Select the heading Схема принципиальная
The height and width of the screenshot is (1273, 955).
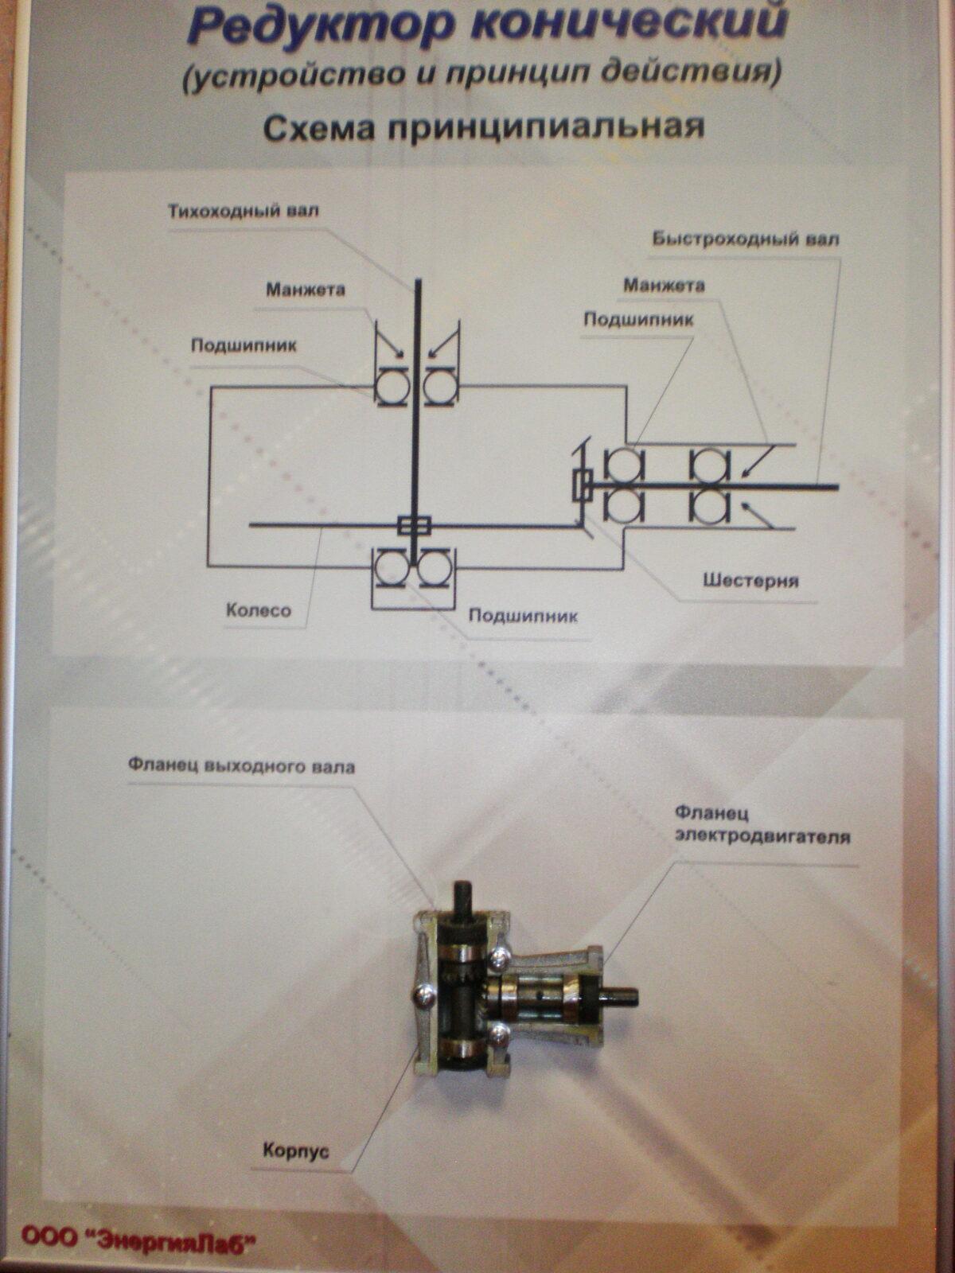click(483, 127)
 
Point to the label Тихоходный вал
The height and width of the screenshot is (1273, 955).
click(243, 212)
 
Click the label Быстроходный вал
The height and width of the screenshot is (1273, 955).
click(745, 239)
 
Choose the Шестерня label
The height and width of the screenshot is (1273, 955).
click(750, 581)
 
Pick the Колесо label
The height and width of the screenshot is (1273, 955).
click(259, 611)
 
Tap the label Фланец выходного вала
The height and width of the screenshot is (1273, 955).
click(241, 767)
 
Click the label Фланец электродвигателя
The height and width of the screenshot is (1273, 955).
click(762, 825)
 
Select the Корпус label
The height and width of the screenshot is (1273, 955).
click(295, 1150)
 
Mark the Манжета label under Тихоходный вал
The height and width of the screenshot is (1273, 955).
click(306, 289)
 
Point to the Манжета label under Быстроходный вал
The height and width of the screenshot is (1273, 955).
click(664, 285)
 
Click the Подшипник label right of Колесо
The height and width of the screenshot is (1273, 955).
click(523, 616)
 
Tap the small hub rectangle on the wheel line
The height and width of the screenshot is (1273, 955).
click(414, 525)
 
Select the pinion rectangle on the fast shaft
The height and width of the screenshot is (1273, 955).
click(582, 485)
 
